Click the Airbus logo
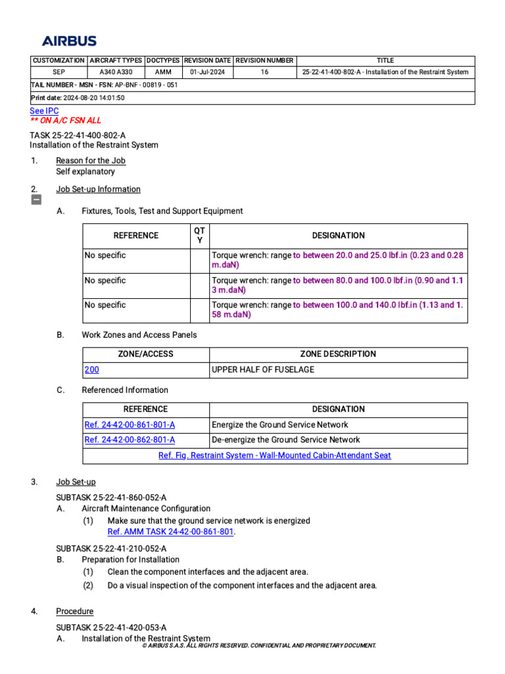pyautogui.click(x=69, y=41)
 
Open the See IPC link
pyautogui.click(x=44, y=111)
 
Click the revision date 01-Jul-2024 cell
pyautogui.click(x=208, y=72)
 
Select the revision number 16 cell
pyautogui.click(x=264, y=72)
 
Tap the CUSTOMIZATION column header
pyautogui.click(x=59, y=61)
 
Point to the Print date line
pyautogui.click(x=77, y=98)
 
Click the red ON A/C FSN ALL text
pyautogui.click(x=66, y=120)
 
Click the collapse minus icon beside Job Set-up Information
pyautogui.click(x=37, y=200)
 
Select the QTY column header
pyautogui.click(x=200, y=235)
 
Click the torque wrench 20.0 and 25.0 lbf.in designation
pyautogui.click(x=338, y=260)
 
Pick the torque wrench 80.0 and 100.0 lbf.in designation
pyautogui.click(x=338, y=285)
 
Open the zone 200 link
pyautogui.click(x=91, y=370)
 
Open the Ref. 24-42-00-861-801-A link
pyautogui.click(x=130, y=425)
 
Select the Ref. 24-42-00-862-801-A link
pyautogui.click(x=130, y=440)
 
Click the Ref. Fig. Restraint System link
pyautogui.click(x=275, y=455)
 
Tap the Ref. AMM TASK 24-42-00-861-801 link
pyautogui.click(x=170, y=532)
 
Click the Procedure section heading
pyautogui.click(x=74, y=611)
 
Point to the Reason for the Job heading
pyautogui.click(x=91, y=161)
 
